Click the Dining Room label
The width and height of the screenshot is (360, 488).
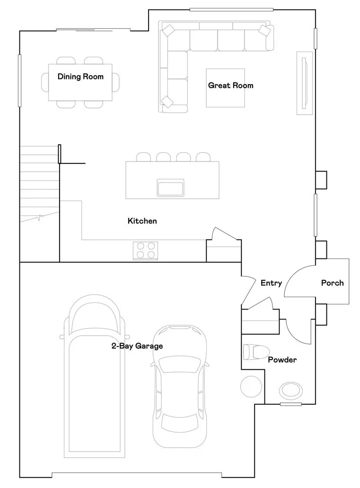click(x=80, y=77)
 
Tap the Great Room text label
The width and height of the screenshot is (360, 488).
click(x=230, y=86)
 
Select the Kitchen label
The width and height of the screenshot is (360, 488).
click(x=142, y=221)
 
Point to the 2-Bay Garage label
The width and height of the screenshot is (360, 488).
click(x=137, y=346)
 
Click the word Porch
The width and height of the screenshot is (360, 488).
click(x=332, y=283)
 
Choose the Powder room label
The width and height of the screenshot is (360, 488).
click(x=282, y=360)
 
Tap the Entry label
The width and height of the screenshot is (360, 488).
click(x=271, y=283)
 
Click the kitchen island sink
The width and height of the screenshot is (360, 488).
click(x=170, y=187)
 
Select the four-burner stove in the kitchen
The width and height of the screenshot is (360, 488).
click(x=145, y=250)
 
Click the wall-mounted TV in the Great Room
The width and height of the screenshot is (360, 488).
click(x=305, y=82)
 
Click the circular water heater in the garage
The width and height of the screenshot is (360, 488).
click(x=251, y=387)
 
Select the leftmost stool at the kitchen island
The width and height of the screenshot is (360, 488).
click(x=143, y=157)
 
